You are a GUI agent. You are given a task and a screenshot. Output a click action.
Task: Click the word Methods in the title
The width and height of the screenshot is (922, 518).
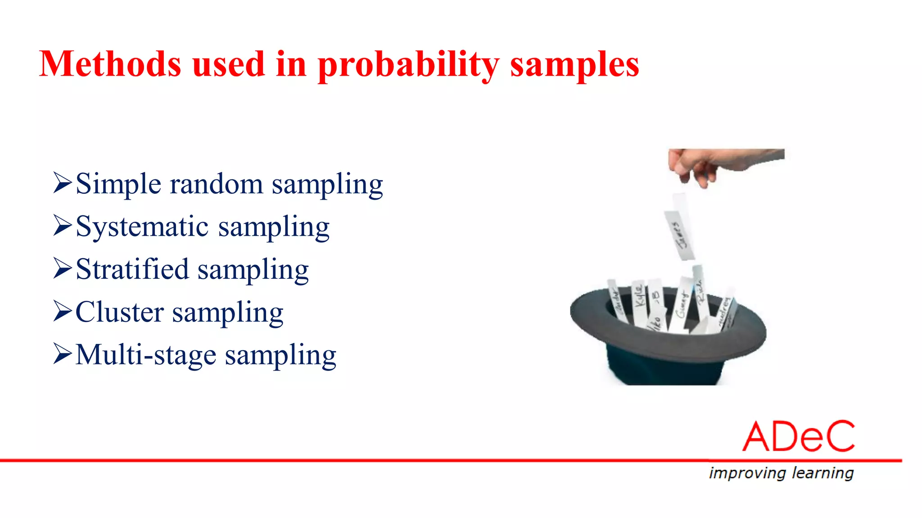pyautogui.click(x=110, y=64)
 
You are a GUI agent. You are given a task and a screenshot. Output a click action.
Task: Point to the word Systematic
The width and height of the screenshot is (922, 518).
pyautogui.click(x=142, y=227)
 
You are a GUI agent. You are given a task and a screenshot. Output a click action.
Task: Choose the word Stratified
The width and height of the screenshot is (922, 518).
pyautogui.click(x=132, y=269)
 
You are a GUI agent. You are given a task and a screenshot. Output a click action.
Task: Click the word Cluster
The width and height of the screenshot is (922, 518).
pyautogui.click(x=119, y=312)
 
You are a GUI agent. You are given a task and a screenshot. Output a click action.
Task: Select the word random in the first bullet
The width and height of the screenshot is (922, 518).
pyautogui.click(x=216, y=184)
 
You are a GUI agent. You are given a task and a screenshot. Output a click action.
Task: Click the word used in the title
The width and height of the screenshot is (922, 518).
pyautogui.click(x=228, y=64)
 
